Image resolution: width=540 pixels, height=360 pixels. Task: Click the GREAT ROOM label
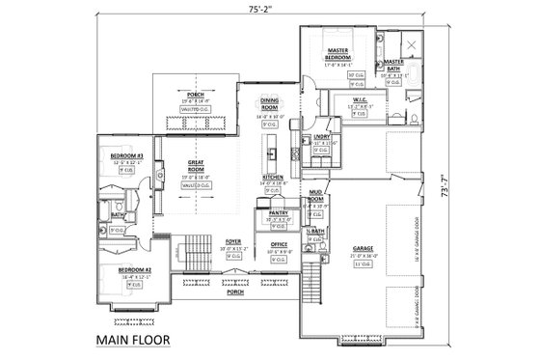(196, 165)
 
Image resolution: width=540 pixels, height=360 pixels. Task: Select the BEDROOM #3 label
(126, 155)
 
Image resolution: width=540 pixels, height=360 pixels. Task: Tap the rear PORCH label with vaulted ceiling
(196, 95)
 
